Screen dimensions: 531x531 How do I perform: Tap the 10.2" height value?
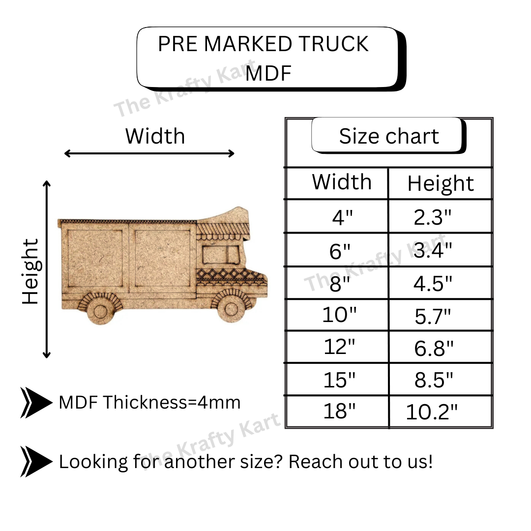tap(432, 412)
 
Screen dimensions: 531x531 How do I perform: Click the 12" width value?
tap(339, 347)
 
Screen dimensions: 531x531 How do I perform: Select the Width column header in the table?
tap(342, 182)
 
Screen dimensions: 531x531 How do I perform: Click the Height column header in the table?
tap(441, 183)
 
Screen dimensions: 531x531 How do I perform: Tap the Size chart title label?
tap(389, 136)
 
